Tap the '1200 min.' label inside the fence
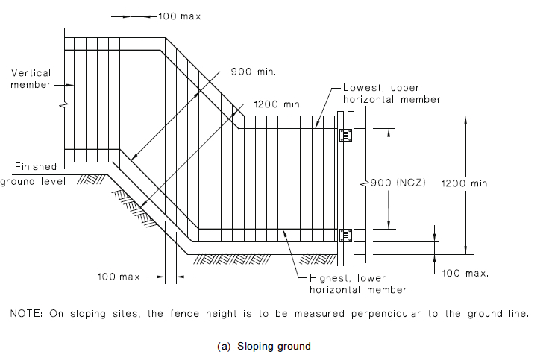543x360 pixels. click(x=277, y=104)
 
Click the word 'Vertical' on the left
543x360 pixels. click(x=31, y=72)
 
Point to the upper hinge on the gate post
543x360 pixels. click(x=345, y=135)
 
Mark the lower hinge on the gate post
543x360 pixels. click(x=345, y=236)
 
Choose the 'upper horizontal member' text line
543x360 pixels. click(x=391, y=99)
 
